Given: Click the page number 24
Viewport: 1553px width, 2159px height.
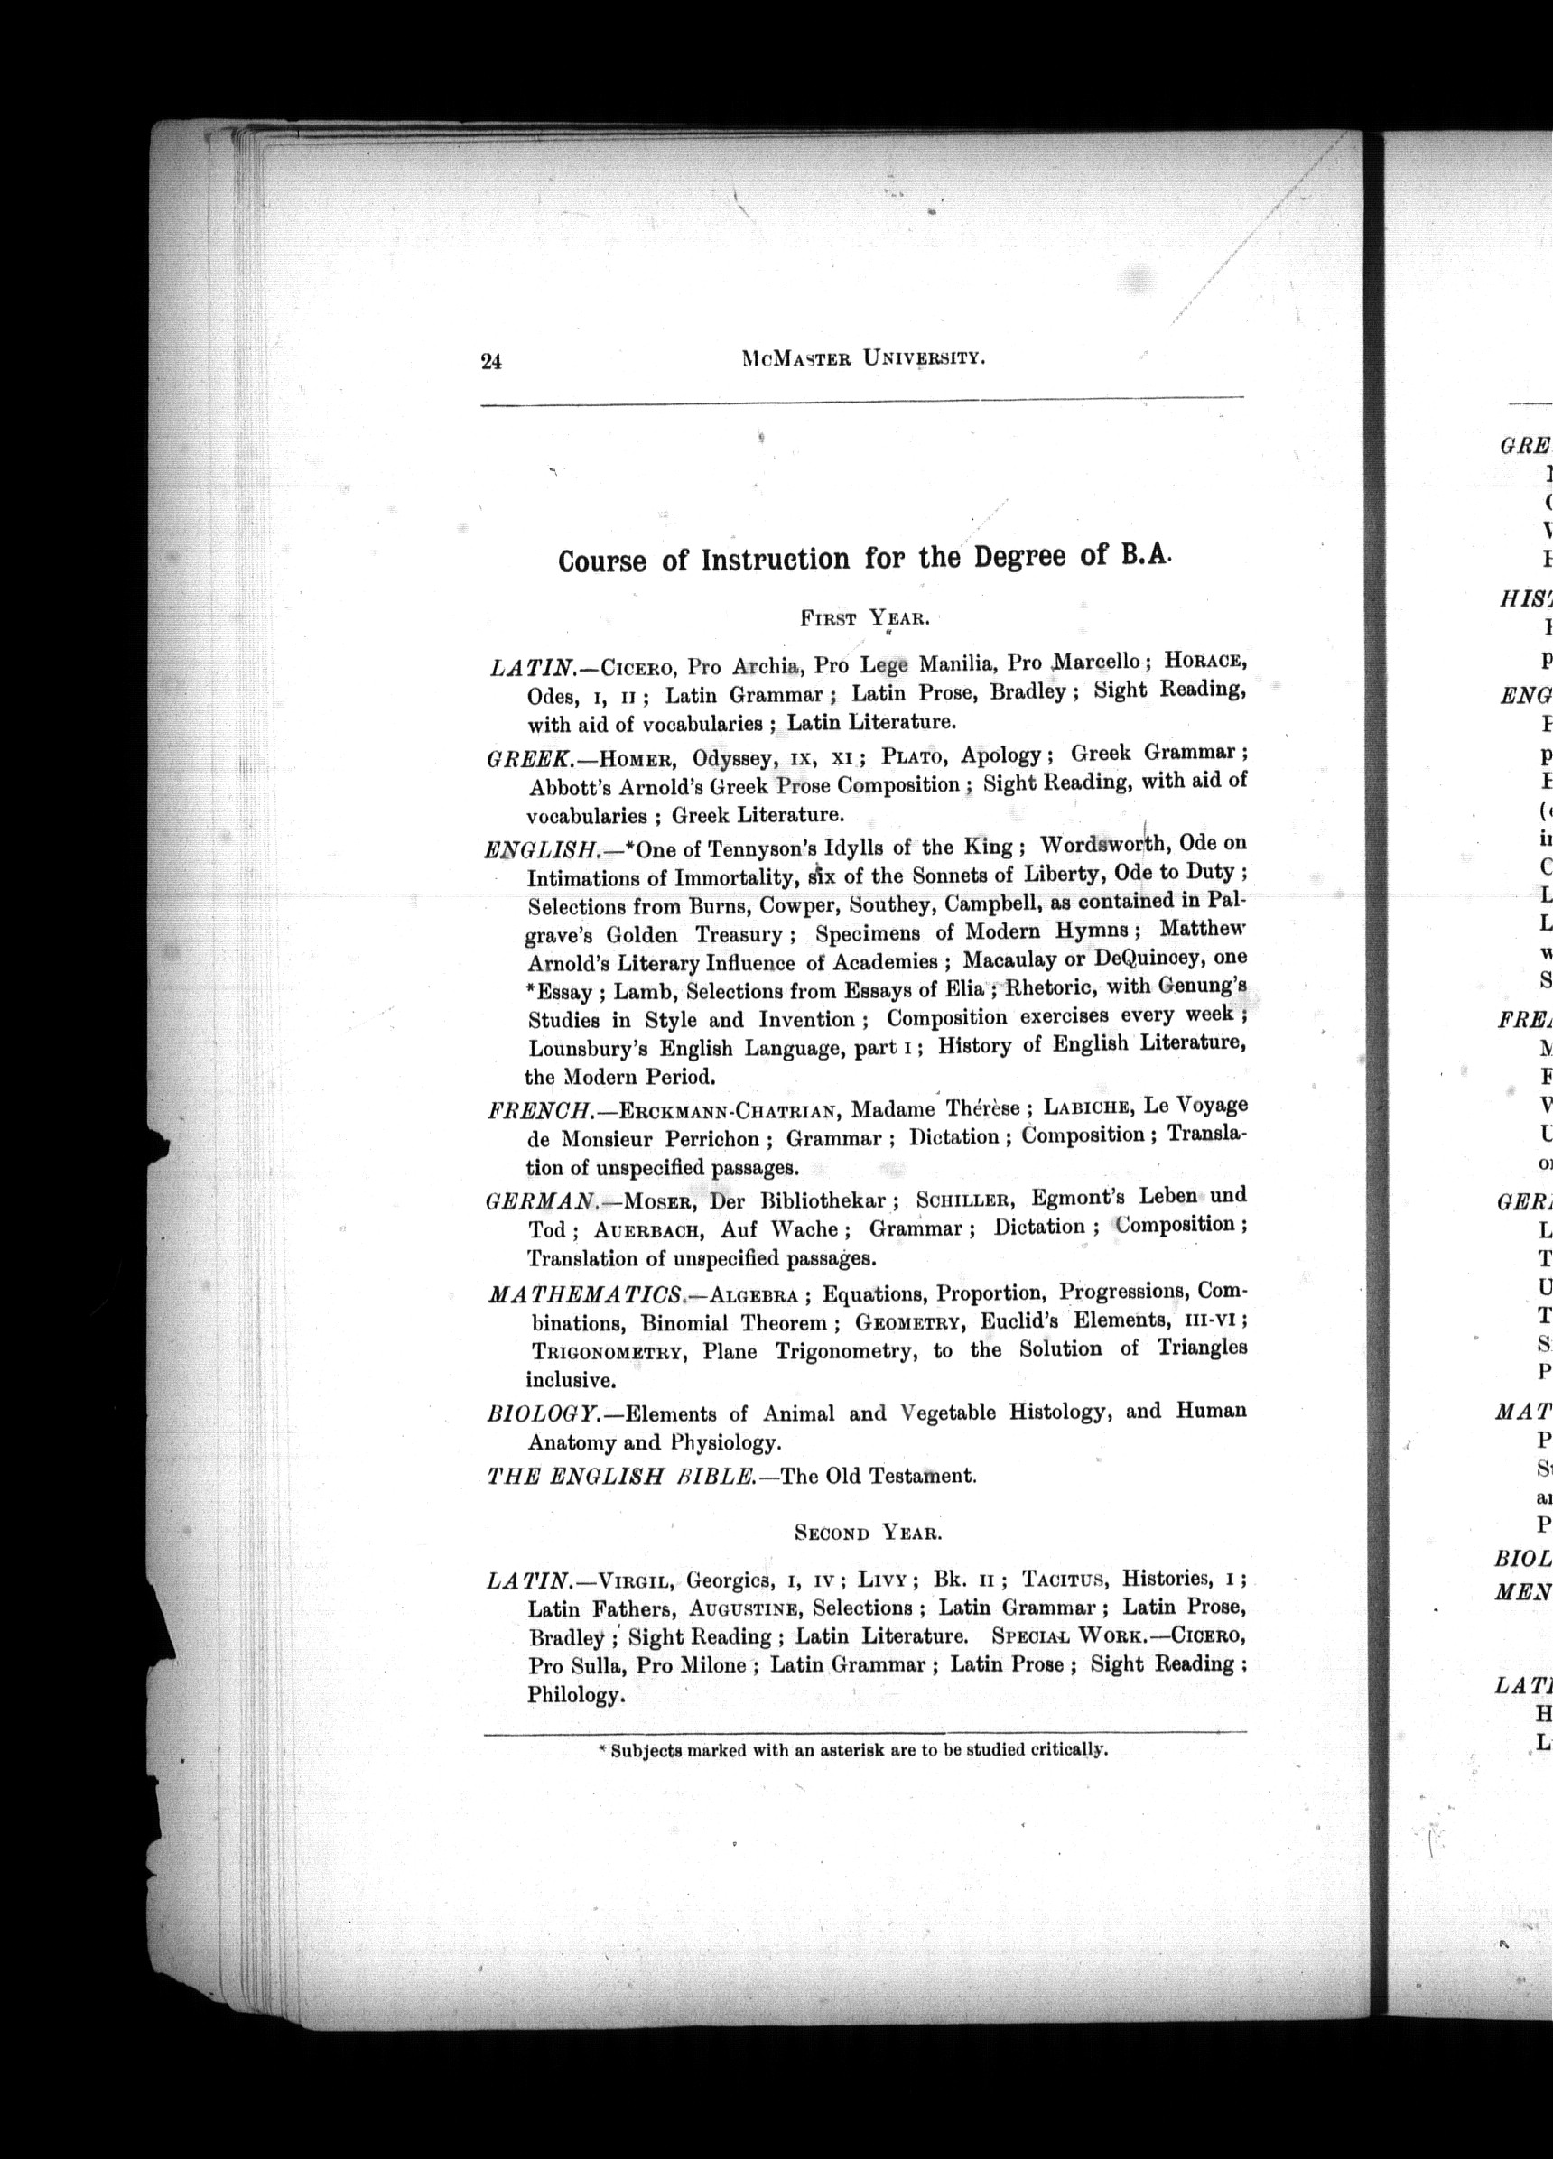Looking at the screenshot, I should (490, 361).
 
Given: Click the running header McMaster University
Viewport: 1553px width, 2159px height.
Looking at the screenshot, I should (860, 358).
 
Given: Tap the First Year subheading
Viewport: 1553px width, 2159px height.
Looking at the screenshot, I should (862, 617).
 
